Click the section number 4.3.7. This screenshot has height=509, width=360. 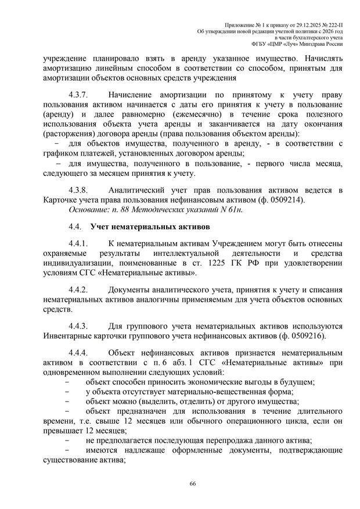click(78, 95)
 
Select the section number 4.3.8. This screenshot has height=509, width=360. click(78, 190)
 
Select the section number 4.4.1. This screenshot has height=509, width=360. click(78, 243)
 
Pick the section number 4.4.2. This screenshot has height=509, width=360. click(78, 289)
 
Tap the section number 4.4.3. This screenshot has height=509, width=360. click(78, 326)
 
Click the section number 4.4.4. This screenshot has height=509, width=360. click(78, 353)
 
